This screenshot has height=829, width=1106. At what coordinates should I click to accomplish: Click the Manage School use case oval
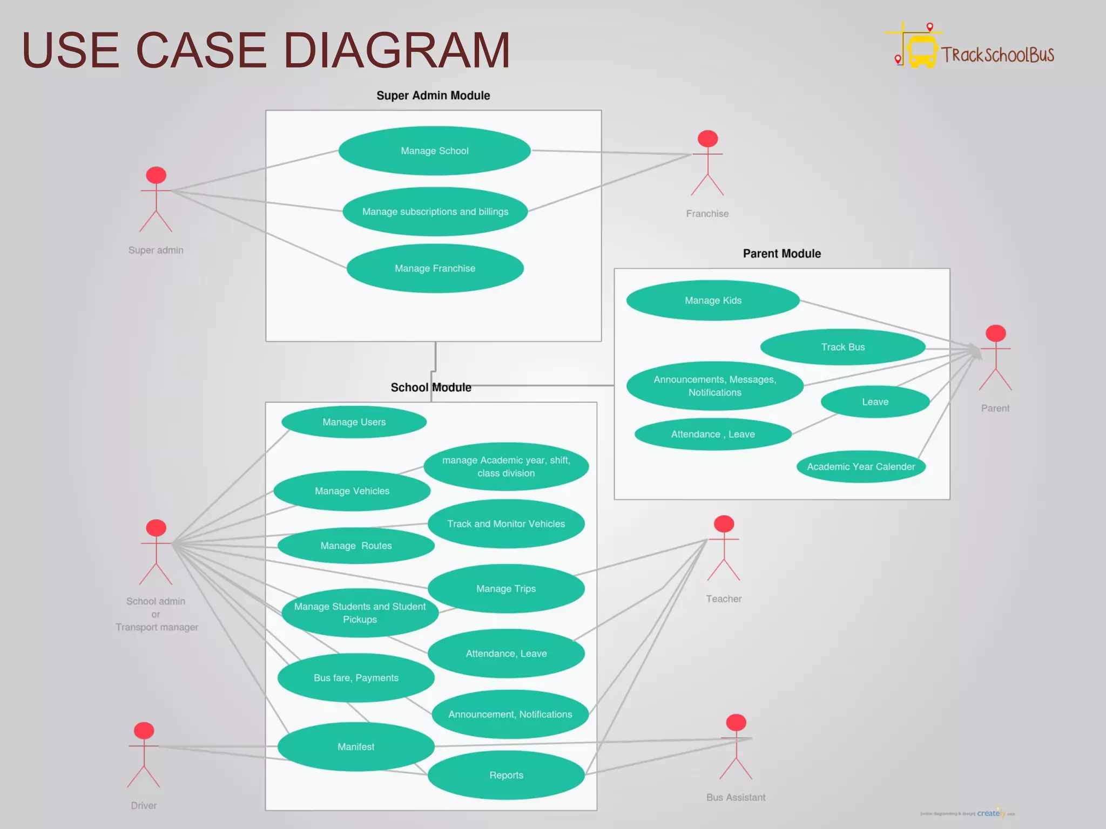point(435,151)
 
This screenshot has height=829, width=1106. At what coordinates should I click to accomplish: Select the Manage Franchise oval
point(435,268)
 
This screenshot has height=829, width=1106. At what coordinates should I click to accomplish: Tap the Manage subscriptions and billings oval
point(435,212)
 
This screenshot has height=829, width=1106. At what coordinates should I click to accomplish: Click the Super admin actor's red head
point(156,175)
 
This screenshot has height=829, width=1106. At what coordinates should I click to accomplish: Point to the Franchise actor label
point(707,214)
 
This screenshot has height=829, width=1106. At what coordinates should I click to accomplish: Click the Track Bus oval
point(842,347)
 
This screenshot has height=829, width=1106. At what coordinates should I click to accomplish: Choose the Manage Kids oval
point(713,300)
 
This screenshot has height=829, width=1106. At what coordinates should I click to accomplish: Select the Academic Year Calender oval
point(861,466)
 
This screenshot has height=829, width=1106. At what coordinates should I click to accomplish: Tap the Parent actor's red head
point(995,333)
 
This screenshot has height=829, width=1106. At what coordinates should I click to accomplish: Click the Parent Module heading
point(781,254)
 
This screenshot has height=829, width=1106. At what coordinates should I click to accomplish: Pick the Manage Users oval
point(354,422)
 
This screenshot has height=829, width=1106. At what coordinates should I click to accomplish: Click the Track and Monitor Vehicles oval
point(506,524)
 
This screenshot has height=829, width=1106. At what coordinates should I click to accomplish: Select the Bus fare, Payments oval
point(356,678)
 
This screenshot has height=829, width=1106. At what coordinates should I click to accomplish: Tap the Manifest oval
point(356,746)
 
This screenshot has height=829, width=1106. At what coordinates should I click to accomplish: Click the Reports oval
point(506,775)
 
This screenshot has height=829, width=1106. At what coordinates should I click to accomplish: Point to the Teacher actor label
point(724,599)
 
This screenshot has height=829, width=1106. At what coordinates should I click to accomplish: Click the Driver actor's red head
point(144,730)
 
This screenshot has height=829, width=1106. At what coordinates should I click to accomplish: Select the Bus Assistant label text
point(736,797)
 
